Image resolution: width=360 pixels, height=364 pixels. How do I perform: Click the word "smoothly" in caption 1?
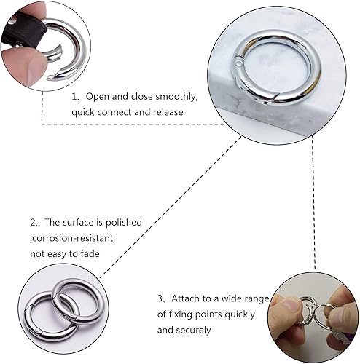(176, 97)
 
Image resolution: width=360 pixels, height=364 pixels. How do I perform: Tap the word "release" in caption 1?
(168, 112)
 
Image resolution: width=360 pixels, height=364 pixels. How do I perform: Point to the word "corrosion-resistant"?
(74, 238)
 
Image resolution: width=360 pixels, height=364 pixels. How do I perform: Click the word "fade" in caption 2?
(90, 253)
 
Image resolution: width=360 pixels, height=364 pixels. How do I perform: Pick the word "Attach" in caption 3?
(186, 298)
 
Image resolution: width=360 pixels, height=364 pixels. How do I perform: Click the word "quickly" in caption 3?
(240, 314)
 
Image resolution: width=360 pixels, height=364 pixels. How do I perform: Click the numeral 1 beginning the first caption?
(74, 97)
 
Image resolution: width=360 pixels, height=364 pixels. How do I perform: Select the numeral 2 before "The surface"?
(33, 223)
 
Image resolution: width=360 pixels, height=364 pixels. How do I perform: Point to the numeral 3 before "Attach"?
(160, 298)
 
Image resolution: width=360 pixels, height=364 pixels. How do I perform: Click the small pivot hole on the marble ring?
(238, 64)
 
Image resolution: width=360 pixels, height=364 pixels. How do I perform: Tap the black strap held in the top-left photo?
(24, 31)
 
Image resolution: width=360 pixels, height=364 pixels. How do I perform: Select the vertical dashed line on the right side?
(313, 202)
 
